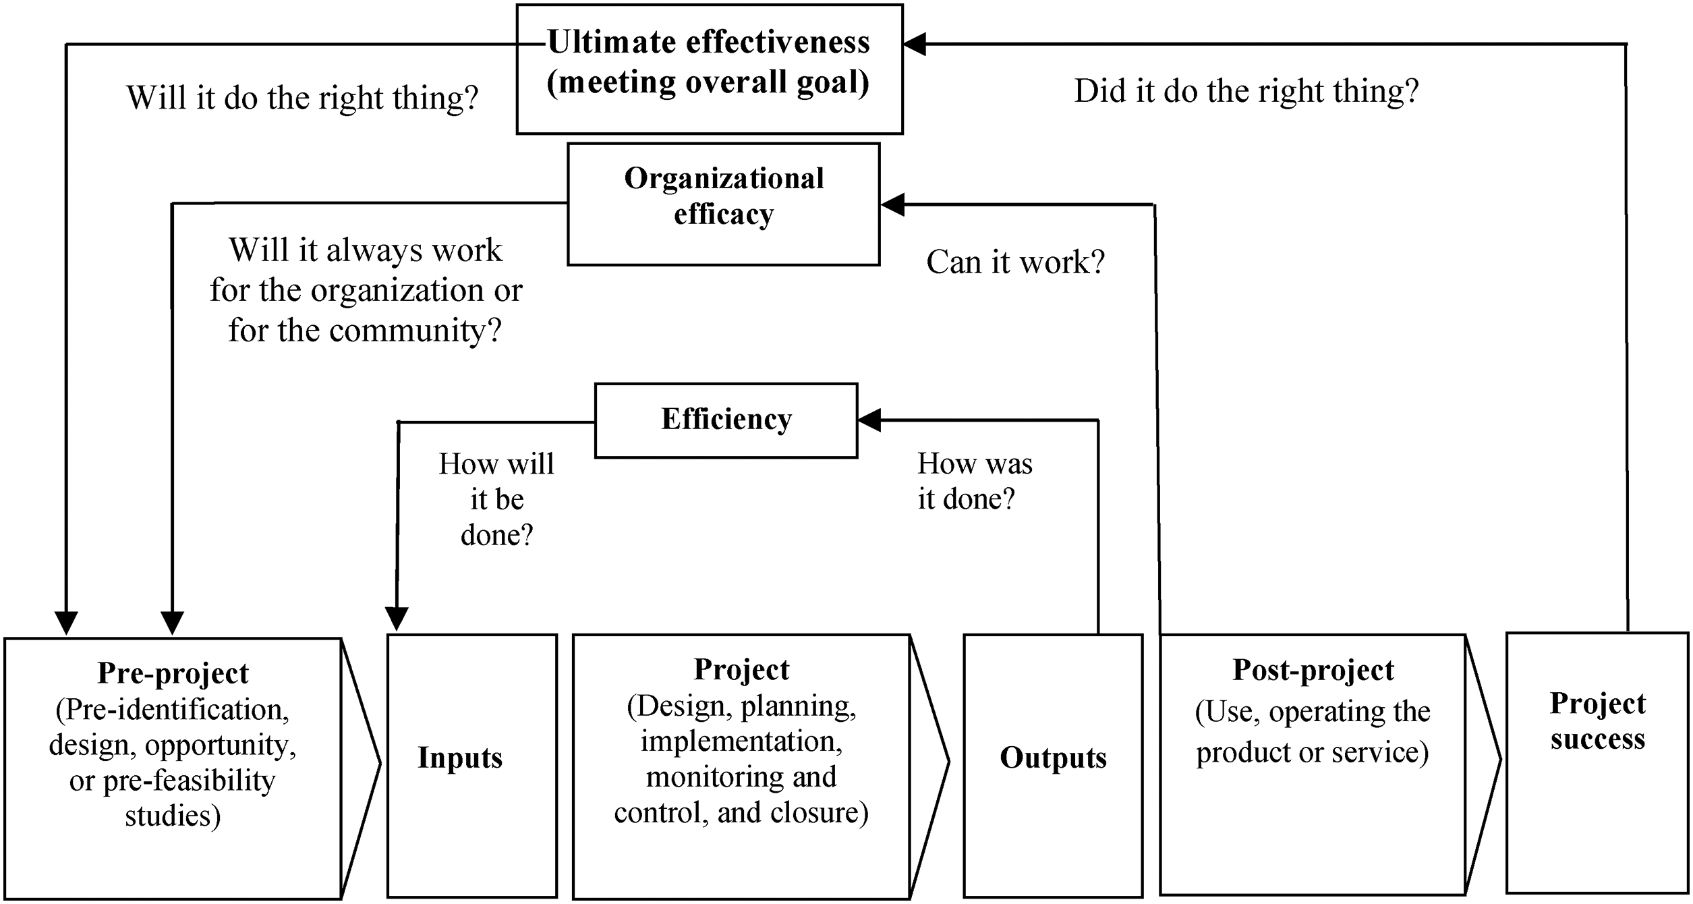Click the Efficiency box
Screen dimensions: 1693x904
726,421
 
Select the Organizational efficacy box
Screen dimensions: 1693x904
724,204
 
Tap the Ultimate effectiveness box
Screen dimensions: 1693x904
710,69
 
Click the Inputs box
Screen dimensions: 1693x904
472,766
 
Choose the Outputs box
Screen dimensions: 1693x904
1053,766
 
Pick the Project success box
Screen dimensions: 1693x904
1597,763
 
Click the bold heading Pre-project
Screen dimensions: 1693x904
173,673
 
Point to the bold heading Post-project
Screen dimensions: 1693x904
1313,670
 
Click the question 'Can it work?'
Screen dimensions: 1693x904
1015,262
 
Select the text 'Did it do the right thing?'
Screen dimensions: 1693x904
1246,91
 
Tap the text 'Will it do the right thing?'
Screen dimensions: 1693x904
302,98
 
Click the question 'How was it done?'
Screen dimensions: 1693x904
975,481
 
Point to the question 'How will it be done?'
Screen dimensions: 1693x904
496,499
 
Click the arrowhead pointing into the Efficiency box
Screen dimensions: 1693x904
869,420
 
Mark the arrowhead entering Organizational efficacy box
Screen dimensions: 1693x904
892,204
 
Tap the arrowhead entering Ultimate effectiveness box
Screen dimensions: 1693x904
915,45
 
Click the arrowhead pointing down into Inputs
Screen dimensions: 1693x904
397,619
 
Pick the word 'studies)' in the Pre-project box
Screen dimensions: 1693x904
173,816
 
